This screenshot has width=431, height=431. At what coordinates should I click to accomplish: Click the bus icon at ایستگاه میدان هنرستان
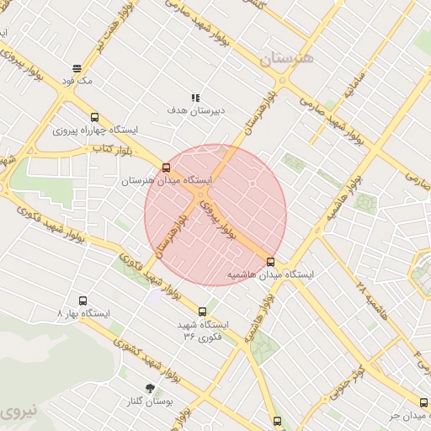point(166,167)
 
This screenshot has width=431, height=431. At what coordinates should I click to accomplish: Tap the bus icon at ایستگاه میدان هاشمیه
point(270,262)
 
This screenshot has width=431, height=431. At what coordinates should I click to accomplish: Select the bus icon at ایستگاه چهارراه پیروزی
point(93,118)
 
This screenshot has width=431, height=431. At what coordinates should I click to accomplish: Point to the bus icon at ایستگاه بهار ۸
point(82,301)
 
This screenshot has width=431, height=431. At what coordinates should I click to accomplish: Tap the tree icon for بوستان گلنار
point(150,388)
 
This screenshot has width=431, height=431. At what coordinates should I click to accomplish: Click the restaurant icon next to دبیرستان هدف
point(195,98)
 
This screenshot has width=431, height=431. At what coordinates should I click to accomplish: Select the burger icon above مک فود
point(77,68)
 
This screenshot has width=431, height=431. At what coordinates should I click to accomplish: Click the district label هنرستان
point(286,58)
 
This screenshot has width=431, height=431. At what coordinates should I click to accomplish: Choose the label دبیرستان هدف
point(197,111)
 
